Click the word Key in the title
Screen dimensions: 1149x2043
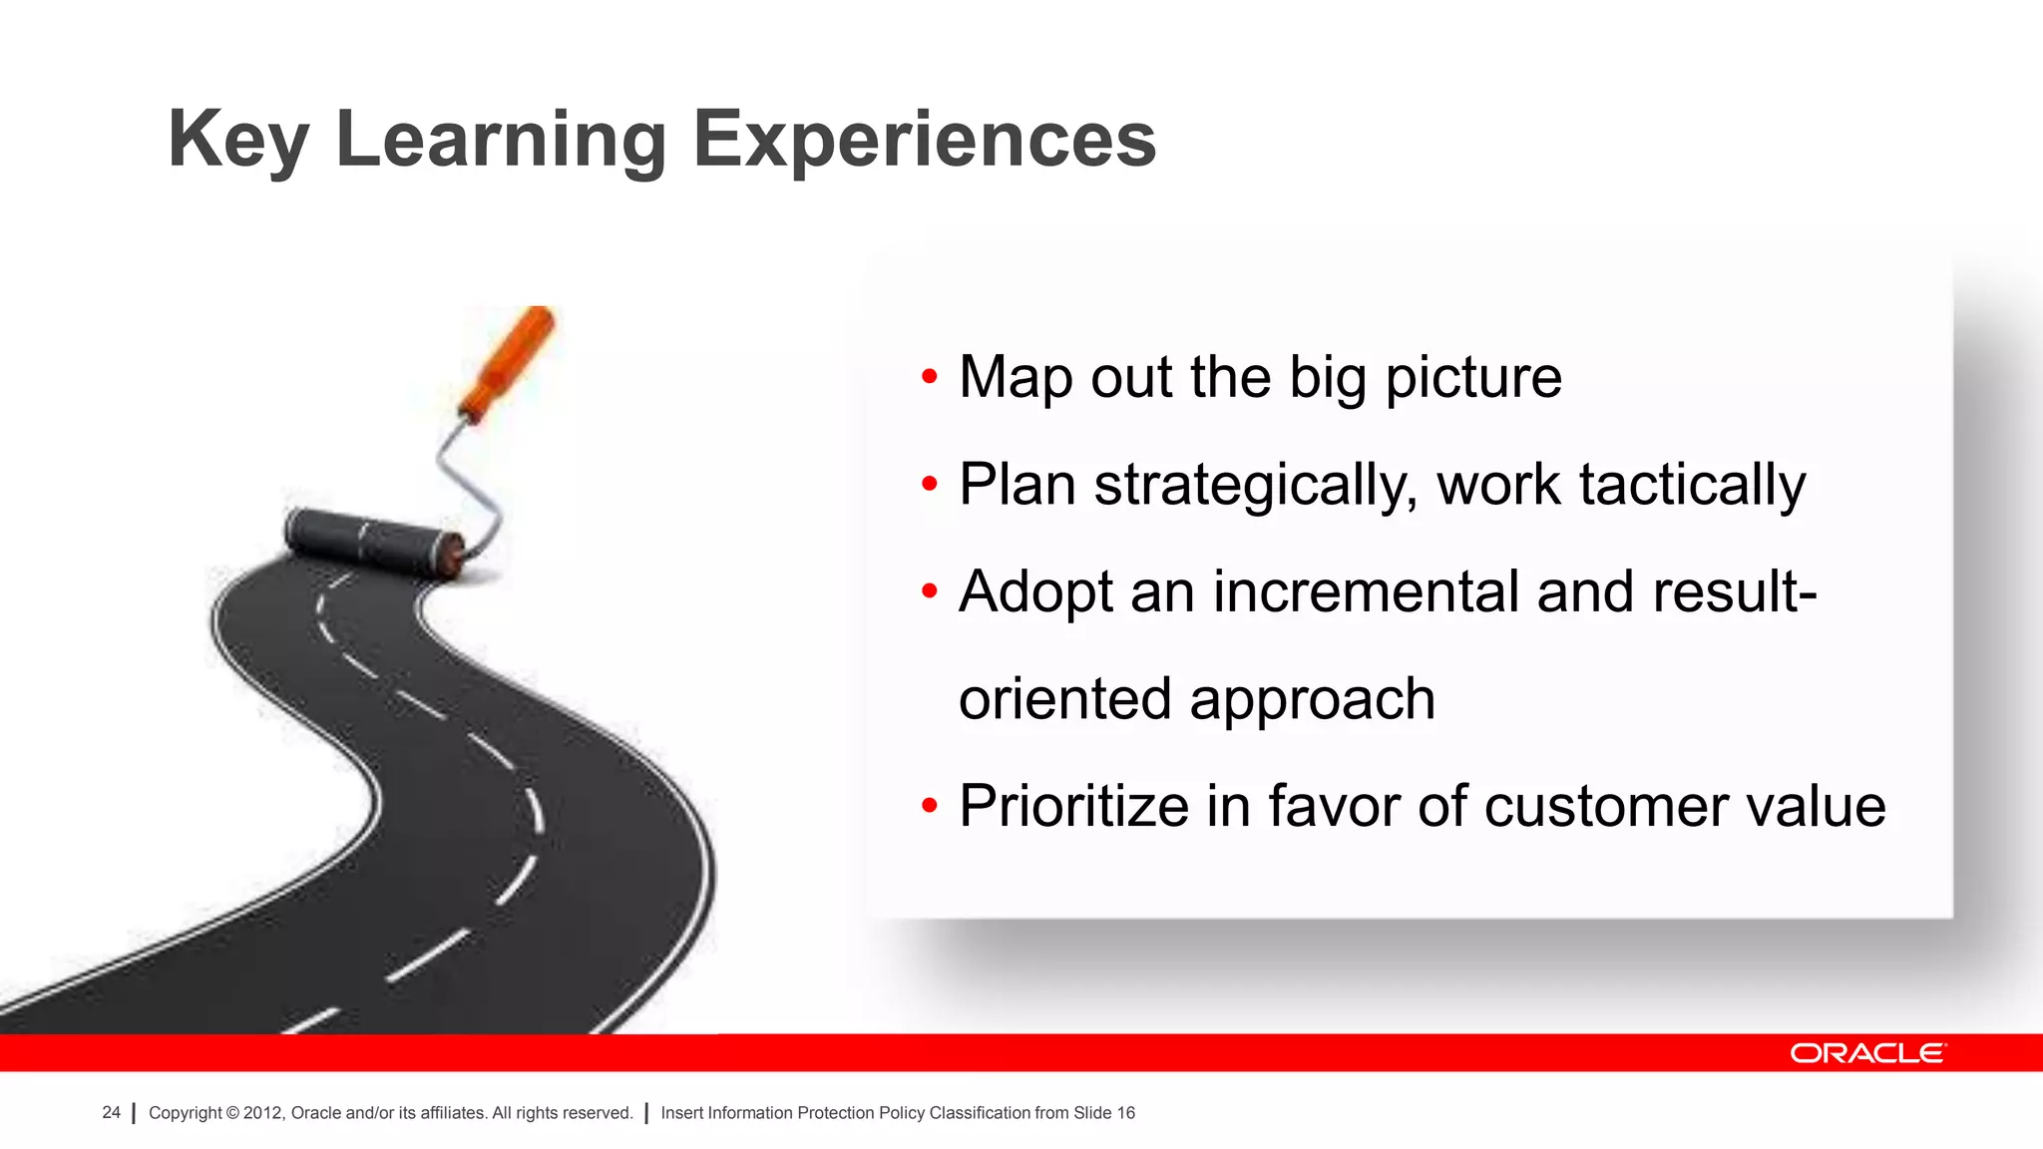coord(237,141)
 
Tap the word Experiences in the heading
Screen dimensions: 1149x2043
coord(924,141)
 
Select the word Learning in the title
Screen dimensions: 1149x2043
coord(501,141)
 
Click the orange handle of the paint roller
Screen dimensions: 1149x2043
coord(509,363)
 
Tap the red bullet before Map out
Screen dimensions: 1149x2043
coord(930,377)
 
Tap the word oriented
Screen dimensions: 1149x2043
coord(1064,698)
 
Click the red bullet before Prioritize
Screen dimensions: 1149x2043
coord(930,806)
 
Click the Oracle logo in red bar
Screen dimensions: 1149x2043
coord(1867,1053)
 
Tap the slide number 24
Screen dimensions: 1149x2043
coord(111,1112)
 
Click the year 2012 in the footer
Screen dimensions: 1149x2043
coord(263,1113)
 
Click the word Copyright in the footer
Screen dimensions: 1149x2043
coord(185,1113)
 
